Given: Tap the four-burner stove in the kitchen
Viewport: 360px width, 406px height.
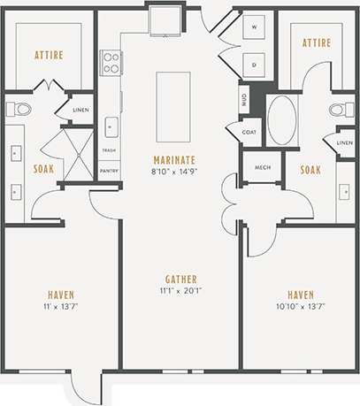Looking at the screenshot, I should click(x=111, y=62).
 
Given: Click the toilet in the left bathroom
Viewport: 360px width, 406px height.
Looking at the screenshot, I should click(x=18, y=110).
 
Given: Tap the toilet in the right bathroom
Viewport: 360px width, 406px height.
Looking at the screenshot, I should click(x=340, y=111).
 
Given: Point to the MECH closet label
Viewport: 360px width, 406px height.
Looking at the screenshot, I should click(x=262, y=166).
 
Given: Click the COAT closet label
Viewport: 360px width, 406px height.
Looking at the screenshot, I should click(x=249, y=133).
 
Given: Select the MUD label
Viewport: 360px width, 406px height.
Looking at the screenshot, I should click(x=242, y=99).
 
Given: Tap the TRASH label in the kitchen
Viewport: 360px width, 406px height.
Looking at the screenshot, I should click(x=110, y=150).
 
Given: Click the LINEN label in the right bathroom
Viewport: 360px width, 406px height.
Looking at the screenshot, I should click(x=345, y=142).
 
